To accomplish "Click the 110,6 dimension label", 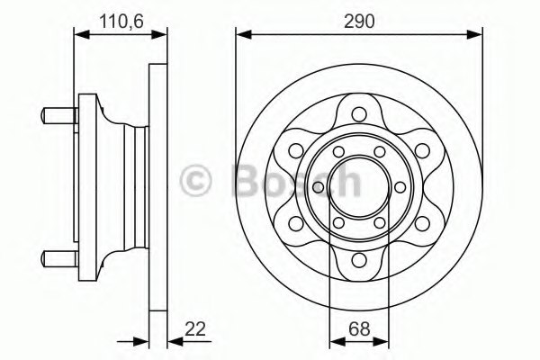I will [x=120, y=18].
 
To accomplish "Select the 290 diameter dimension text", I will [x=358, y=18].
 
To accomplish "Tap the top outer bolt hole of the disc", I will [x=358, y=113].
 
